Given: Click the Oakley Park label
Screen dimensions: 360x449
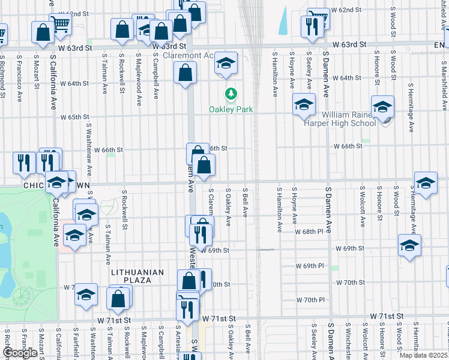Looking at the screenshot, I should [231, 110].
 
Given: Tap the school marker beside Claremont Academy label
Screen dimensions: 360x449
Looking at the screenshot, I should [226, 64].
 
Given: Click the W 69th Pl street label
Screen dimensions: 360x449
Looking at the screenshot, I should [309, 265].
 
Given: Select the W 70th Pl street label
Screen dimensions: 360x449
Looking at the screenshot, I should [310, 299].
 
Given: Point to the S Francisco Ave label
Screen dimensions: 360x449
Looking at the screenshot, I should [19, 76].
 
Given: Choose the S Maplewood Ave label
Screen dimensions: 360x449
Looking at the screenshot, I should [138, 76].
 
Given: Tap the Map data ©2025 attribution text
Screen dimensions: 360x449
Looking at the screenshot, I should [424, 355].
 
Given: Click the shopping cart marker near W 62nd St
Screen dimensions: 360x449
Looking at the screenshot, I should [60, 24].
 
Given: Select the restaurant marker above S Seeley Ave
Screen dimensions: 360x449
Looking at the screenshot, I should [312, 27].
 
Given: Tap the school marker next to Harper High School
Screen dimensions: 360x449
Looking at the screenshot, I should [382, 108].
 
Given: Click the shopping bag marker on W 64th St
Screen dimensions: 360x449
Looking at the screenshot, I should [185, 73].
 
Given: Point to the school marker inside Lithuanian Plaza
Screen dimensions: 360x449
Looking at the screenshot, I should [86, 295].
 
